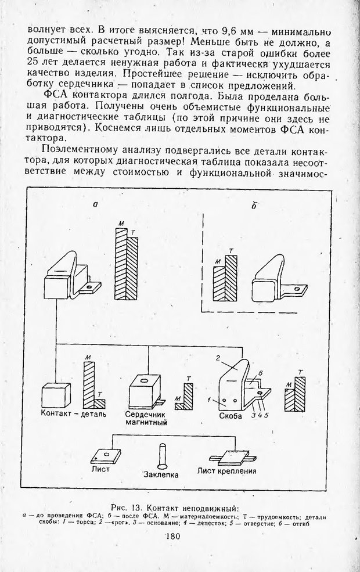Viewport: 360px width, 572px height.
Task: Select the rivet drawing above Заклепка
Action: coord(163,454)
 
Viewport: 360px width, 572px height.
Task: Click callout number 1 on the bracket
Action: coord(216,400)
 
